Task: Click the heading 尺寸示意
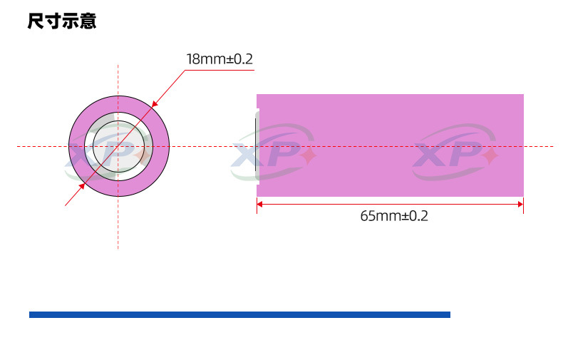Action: [x=62, y=21]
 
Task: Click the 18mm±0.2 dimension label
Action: [x=219, y=59]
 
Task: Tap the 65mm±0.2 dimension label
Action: [x=394, y=216]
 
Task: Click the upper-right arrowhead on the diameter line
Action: [x=155, y=104]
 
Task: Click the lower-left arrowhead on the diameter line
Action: [x=82, y=186]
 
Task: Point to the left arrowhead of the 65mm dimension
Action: [x=259, y=204]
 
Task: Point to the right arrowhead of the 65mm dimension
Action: [x=521, y=204]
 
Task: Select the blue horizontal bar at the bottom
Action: [x=239, y=314]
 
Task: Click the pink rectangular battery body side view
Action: [x=391, y=145]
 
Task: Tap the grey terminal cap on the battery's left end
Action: [x=257, y=147]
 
